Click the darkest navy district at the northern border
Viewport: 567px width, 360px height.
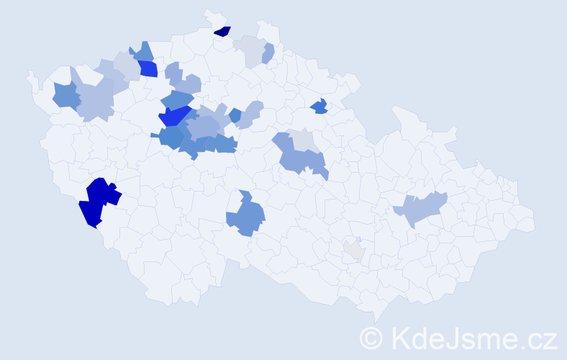click(223, 31)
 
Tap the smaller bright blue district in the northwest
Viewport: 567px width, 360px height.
click(148, 69)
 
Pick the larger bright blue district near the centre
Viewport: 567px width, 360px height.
click(175, 117)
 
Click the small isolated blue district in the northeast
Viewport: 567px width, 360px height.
click(319, 107)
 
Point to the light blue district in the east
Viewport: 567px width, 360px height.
click(423, 209)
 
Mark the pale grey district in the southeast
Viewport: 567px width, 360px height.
click(353, 250)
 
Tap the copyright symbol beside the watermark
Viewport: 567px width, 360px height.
click(371, 338)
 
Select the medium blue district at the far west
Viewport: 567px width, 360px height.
click(65, 96)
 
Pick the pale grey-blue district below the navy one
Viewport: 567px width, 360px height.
click(248, 50)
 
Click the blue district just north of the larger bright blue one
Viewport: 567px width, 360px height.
click(176, 99)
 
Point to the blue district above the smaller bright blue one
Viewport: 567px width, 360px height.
click(142, 52)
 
